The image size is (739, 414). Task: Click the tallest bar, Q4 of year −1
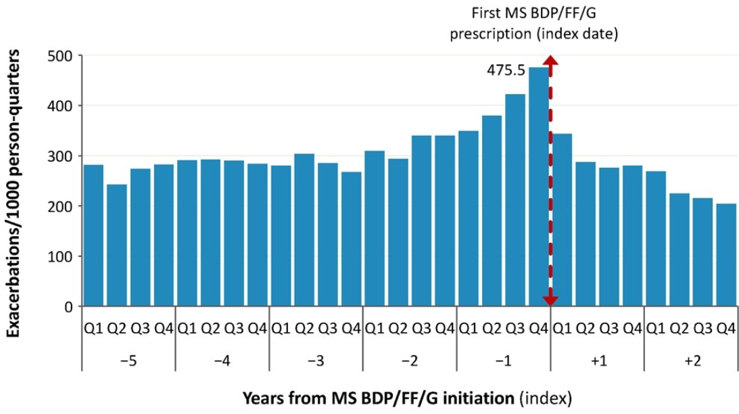[x=539, y=187]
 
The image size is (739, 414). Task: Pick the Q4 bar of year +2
[x=726, y=255]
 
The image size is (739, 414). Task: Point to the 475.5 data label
[x=507, y=69]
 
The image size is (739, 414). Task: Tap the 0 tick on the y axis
[x=69, y=306]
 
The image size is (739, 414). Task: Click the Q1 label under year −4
[x=187, y=328]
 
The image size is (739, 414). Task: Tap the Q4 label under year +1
[x=631, y=328]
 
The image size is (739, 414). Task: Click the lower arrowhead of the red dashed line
[x=550, y=300]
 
